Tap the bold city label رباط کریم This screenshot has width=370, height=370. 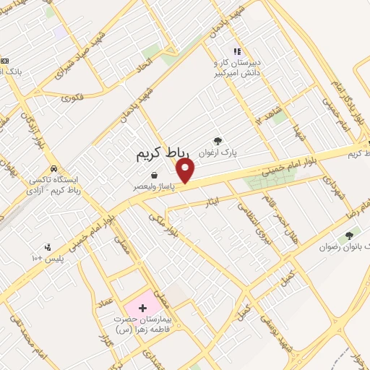click(x=163, y=154)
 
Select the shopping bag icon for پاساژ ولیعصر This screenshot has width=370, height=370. click(x=155, y=175)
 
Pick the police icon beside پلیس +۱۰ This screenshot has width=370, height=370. click(x=48, y=246)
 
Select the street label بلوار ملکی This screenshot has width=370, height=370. click(x=165, y=224)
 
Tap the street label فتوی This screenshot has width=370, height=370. click(x=73, y=95)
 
